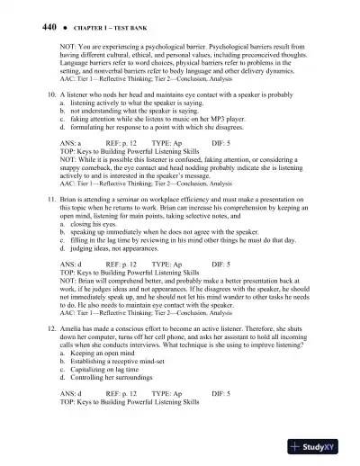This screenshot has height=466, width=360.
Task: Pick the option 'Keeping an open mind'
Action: click(x=106, y=356)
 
